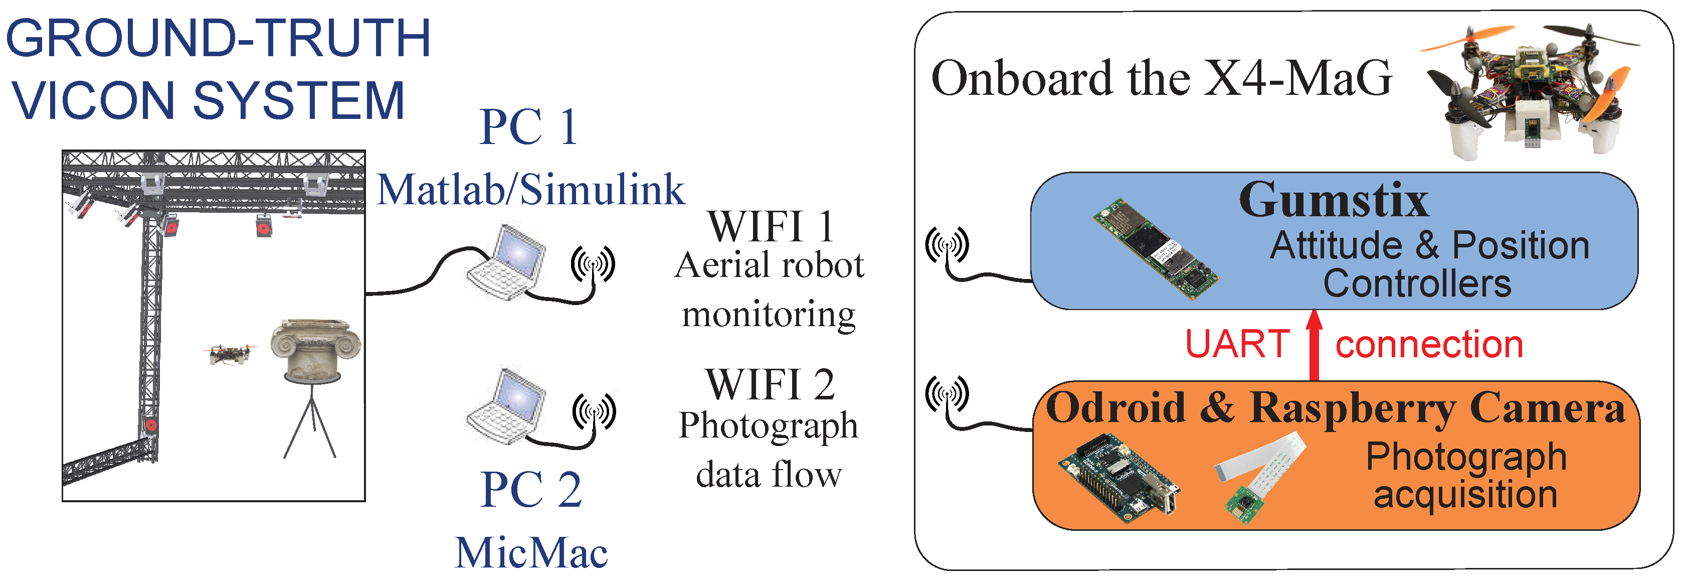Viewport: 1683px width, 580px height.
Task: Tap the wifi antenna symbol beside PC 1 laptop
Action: (593, 264)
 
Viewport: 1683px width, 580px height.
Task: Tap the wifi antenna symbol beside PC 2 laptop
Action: (594, 412)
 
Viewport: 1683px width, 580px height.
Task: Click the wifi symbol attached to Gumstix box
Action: (947, 246)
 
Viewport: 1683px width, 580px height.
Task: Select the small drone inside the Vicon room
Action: (229, 354)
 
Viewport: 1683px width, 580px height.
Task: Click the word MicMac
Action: (530, 553)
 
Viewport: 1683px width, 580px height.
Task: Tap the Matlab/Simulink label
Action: (530, 190)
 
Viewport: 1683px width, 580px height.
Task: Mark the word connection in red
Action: (1429, 345)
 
